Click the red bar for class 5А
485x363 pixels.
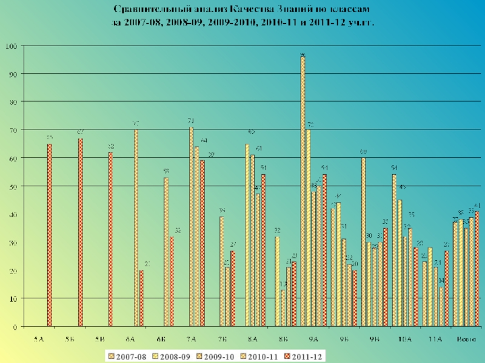coord(50,236)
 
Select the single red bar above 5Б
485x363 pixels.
coord(80,233)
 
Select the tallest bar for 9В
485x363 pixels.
coord(363,242)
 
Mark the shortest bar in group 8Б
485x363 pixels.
coord(283,309)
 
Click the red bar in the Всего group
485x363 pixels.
coord(477,269)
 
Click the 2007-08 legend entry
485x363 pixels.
coord(129,356)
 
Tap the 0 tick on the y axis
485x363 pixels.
coord(14,327)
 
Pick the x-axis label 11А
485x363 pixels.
coord(435,339)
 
